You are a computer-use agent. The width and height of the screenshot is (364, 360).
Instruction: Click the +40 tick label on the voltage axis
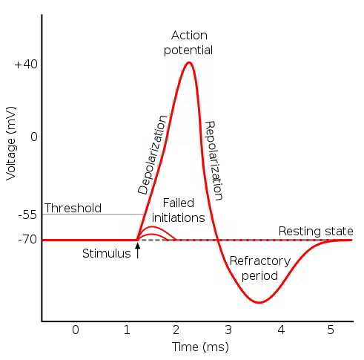point(25,65)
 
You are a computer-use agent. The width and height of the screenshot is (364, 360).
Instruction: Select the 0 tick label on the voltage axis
point(33,137)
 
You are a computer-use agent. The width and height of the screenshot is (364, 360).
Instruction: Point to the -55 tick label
point(26,215)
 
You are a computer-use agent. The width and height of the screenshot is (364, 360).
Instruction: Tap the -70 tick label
point(26,240)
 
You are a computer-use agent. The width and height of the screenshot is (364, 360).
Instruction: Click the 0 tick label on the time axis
point(75,329)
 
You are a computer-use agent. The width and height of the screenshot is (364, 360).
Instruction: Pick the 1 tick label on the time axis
point(126,329)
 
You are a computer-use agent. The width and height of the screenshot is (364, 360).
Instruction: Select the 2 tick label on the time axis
point(177,329)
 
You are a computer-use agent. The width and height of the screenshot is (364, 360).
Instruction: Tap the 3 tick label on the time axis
point(229,329)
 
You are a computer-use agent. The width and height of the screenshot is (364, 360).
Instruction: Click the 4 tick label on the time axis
point(281,329)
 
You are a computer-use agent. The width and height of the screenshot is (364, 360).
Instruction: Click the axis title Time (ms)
point(200,347)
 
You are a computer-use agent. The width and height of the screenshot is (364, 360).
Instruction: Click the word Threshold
point(73,208)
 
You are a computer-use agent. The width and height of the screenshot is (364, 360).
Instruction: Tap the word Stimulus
point(106,254)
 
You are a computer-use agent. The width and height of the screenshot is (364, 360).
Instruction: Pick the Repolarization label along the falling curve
point(214,161)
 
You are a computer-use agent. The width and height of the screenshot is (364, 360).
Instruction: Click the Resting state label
point(316,232)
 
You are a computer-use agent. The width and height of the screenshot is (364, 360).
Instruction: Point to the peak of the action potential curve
point(189,62)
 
